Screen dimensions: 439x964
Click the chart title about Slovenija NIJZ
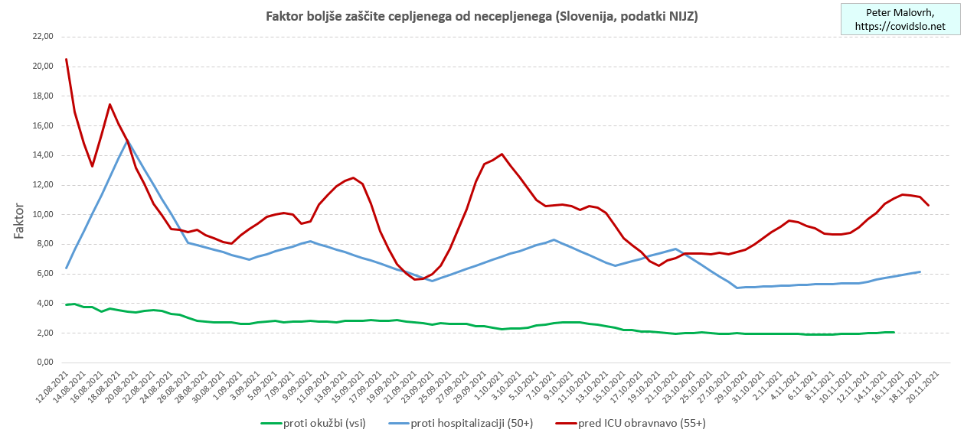[x=481, y=16]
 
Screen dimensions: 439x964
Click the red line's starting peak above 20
[x=67, y=59]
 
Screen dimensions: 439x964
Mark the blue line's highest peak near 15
[x=127, y=141]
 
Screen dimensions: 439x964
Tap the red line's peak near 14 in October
[x=502, y=154]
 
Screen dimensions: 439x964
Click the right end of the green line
[x=894, y=332]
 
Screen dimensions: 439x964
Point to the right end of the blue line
[x=920, y=272]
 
